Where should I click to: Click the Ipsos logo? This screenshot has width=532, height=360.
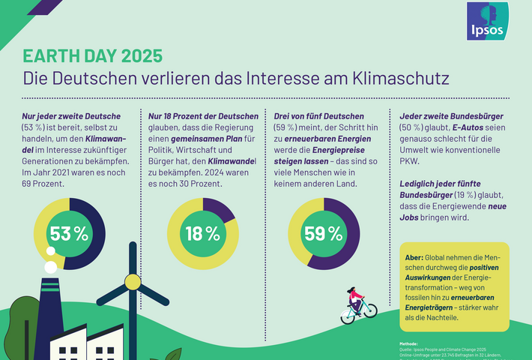tap(487, 21)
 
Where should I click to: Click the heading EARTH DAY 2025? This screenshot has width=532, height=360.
tap(91, 56)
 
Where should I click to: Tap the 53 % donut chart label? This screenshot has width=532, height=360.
tap(70, 233)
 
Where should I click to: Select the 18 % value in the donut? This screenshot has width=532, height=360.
tap(202, 233)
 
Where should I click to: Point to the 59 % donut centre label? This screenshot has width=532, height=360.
tap(324, 233)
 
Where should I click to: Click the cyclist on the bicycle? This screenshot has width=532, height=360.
tap(357, 303)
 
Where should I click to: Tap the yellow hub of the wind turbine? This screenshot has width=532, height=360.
tap(133, 281)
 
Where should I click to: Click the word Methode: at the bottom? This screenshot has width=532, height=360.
tap(409, 343)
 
